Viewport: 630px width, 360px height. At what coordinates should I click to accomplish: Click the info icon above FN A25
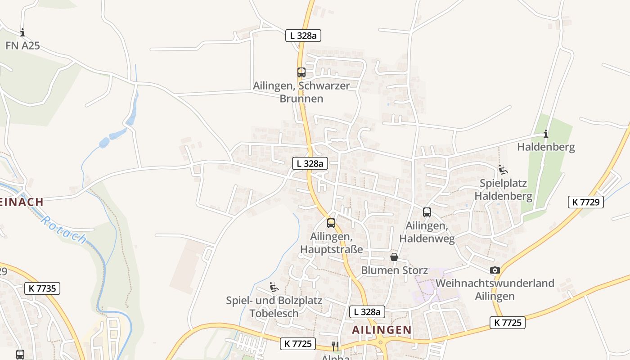22,32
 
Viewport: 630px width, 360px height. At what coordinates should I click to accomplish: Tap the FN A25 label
22,45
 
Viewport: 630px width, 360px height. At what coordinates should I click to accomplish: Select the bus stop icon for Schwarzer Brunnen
301,72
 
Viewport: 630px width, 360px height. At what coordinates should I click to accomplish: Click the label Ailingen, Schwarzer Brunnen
301,92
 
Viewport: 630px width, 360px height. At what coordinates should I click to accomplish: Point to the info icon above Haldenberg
546,134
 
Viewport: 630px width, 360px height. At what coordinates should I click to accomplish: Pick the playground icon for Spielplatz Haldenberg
503,170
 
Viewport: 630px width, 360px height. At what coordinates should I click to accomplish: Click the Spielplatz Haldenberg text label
503,189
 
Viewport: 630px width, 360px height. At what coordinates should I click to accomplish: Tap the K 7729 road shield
586,202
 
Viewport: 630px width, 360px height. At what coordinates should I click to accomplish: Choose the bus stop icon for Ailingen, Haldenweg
427,212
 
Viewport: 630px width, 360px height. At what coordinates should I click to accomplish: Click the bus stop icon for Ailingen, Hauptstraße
331,223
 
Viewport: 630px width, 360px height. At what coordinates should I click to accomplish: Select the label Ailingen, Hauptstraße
331,243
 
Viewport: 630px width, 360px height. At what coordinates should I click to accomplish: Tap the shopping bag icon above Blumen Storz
394,257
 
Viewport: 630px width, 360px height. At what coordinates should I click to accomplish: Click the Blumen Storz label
394,270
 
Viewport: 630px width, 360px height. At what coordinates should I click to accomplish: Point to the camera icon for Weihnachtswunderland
495,270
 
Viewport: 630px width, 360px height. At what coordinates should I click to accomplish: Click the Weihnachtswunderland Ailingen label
495,289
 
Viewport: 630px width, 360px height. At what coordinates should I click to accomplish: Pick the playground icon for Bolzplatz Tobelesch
274,287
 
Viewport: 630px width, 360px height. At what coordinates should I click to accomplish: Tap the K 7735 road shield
42,288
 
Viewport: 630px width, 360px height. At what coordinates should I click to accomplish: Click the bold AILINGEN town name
382,330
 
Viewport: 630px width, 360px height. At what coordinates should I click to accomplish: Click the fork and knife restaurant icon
335,346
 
